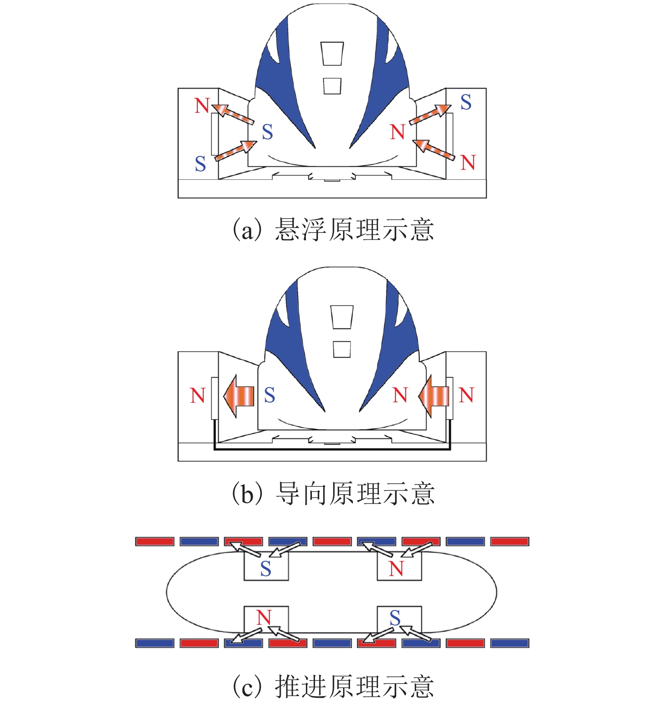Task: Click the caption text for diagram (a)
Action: pyautogui.click(x=333, y=229)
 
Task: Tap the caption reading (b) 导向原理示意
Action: pyautogui.click(x=333, y=493)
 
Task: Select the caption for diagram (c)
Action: pyautogui.click(x=333, y=686)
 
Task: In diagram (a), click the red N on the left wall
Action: pyautogui.click(x=202, y=105)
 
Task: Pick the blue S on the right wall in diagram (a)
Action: pyautogui.click(x=466, y=102)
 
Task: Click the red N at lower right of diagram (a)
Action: pyautogui.click(x=468, y=163)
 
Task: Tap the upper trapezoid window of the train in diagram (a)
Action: pyautogui.click(x=332, y=54)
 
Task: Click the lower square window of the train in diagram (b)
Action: pyautogui.click(x=342, y=349)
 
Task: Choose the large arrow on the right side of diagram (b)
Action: pyautogui.click(x=434, y=395)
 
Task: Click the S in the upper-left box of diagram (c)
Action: pyautogui.click(x=266, y=569)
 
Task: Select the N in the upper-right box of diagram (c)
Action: pyautogui.click(x=396, y=569)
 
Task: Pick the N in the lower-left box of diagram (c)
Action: pyautogui.click(x=264, y=618)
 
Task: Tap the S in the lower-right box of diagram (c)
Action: pyautogui.click(x=395, y=618)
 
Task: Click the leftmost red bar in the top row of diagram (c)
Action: pyautogui.click(x=155, y=541)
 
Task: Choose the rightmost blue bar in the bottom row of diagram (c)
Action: pyautogui.click(x=510, y=643)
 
